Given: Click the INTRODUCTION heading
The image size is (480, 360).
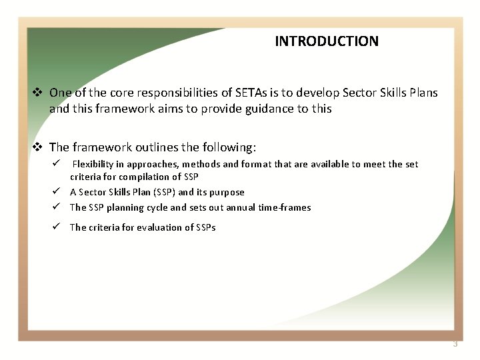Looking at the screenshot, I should (326, 41).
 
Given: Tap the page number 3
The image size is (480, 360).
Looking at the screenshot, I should (455, 344).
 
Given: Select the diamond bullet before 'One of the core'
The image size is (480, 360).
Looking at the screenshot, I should (38, 93).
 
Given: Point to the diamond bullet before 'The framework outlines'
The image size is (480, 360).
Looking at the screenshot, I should (38, 147).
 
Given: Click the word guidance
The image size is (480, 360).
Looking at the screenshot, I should (257, 109).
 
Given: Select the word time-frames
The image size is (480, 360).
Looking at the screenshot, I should (285, 207).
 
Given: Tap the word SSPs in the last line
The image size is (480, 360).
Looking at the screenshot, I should (206, 227).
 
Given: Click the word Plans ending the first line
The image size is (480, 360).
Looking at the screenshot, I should (423, 93).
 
